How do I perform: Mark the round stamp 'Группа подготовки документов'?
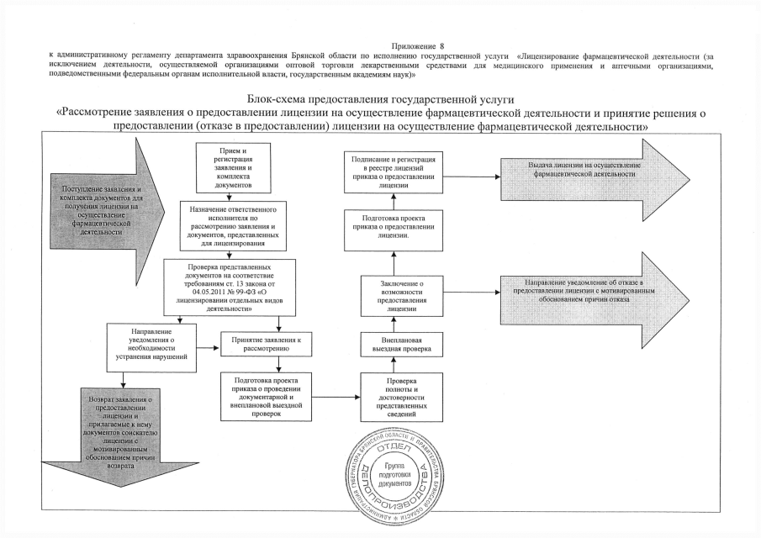tap(394, 476)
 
